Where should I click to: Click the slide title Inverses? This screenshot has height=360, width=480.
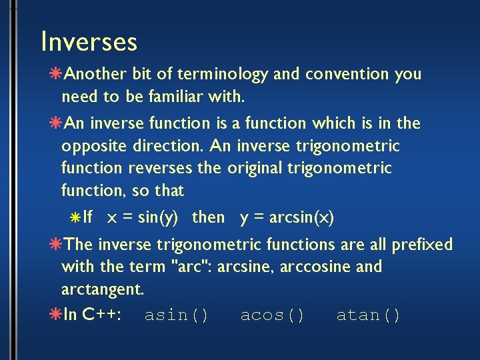(x=89, y=41)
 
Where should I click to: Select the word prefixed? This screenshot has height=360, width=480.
(x=422, y=245)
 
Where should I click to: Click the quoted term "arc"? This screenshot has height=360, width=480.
(x=189, y=267)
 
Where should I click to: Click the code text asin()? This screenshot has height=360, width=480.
(x=177, y=315)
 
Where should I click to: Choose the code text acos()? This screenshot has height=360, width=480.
(x=273, y=315)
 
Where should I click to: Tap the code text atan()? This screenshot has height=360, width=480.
(x=369, y=315)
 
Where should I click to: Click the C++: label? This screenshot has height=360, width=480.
(x=101, y=315)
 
